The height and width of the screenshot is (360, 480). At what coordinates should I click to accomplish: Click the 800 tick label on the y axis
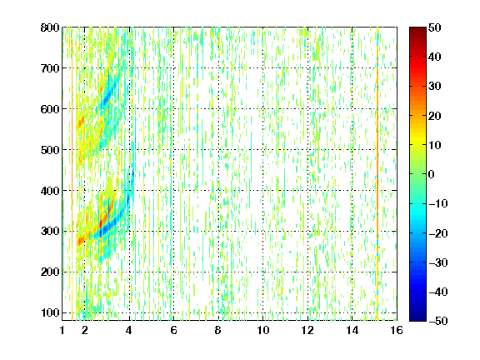(x=50, y=27)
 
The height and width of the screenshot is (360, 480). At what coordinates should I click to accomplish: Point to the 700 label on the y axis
(x=50, y=68)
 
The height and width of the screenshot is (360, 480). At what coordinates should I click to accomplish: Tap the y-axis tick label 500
(x=50, y=150)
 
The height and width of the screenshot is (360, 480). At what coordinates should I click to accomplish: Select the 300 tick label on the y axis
(x=50, y=232)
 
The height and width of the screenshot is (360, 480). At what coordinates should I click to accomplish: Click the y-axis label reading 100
(x=51, y=312)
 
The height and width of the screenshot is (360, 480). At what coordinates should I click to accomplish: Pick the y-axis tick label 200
(x=50, y=272)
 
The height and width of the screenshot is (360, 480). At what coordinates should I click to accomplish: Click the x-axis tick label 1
(x=62, y=330)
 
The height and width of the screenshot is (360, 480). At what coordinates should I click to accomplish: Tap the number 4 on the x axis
(x=129, y=330)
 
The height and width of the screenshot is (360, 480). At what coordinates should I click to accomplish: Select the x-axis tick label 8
(x=217, y=330)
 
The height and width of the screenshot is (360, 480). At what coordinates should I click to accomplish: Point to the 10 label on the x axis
(x=262, y=330)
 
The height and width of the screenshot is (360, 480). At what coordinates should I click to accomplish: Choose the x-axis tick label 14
(x=352, y=330)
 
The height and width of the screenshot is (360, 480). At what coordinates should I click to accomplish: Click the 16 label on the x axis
(x=397, y=330)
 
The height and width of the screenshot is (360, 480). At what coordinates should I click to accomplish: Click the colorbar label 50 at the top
(x=434, y=27)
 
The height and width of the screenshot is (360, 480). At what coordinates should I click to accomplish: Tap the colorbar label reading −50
(x=438, y=321)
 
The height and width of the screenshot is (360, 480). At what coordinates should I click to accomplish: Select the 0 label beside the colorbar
(x=432, y=174)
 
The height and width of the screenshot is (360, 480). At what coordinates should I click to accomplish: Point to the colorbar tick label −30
(x=438, y=262)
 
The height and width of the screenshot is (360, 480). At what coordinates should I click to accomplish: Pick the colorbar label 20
(x=434, y=116)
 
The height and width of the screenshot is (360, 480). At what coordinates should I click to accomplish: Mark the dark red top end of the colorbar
(x=417, y=29)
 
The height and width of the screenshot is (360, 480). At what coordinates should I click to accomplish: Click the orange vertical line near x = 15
(x=377, y=174)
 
